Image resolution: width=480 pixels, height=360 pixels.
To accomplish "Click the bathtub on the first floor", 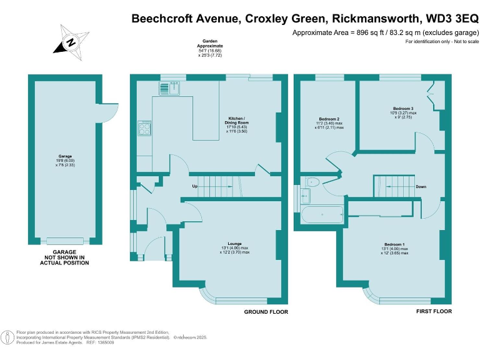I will pyautogui.click(x=322, y=217).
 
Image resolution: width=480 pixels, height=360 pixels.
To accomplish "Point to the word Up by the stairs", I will pyautogui.click(x=194, y=186).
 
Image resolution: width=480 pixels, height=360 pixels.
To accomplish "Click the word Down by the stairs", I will pyautogui.click(x=422, y=186).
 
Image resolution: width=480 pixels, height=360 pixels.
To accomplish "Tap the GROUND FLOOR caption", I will pyautogui.click(x=265, y=311).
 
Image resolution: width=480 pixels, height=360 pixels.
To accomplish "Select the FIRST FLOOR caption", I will pyautogui.click(x=433, y=311).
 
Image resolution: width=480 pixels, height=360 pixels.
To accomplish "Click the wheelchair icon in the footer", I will pyautogui.click(x=7, y=338).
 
